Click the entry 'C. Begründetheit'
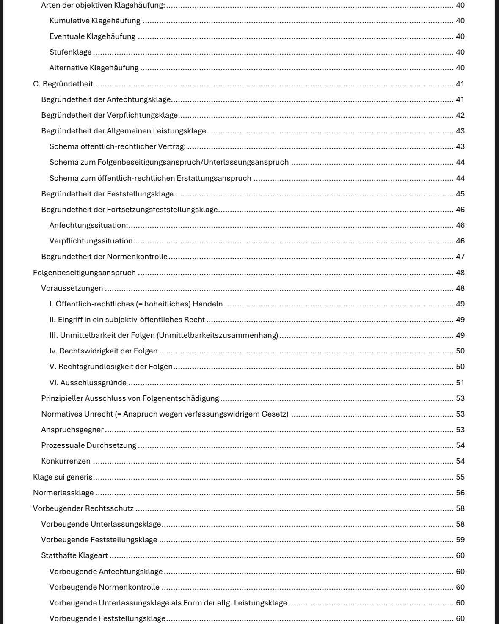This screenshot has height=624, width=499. click(x=63, y=84)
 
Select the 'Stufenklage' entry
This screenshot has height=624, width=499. click(x=70, y=52)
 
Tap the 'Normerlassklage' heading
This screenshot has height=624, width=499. click(x=63, y=493)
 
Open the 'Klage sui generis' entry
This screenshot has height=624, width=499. click(x=63, y=477)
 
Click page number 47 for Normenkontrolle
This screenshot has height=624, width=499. click(x=460, y=257)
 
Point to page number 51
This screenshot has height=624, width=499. click(x=460, y=383)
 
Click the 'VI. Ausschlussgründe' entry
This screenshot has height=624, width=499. click(x=88, y=383)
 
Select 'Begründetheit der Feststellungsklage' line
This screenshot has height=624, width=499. click(x=108, y=194)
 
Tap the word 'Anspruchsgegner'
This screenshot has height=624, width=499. click(x=72, y=430)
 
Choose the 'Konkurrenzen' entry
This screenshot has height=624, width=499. click(x=66, y=461)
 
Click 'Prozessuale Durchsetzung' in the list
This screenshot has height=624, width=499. click(x=89, y=445)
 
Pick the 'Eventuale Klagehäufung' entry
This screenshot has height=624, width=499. click(x=93, y=36)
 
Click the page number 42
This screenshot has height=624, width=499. click(x=460, y=115)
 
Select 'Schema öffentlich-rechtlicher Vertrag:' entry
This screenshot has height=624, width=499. click(x=118, y=146)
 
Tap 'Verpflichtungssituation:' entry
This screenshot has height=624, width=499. click(x=92, y=241)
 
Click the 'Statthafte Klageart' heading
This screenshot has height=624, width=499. click(x=74, y=555)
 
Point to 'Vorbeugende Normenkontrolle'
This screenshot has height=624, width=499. click(x=105, y=587)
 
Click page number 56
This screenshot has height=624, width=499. click(x=460, y=493)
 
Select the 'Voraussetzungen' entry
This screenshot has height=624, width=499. click(x=72, y=288)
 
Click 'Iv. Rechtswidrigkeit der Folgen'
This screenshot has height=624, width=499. click(x=104, y=351)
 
